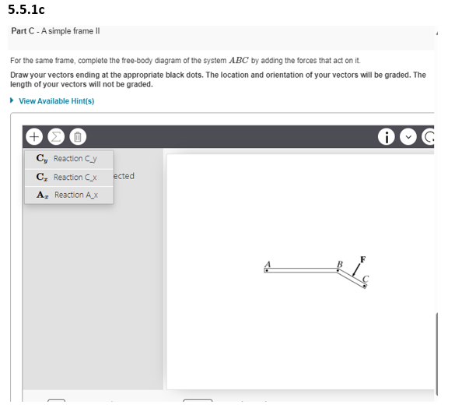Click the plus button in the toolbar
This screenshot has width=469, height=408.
click(x=34, y=135)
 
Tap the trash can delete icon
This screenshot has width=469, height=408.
click(x=78, y=135)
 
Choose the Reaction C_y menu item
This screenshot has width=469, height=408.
click(x=68, y=159)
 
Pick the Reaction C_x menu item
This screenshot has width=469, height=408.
click(x=68, y=177)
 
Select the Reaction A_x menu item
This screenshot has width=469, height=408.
click(x=68, y=195)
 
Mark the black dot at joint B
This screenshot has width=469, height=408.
click(x=336, y=271)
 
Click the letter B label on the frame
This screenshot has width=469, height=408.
click(x=339, y=263)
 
